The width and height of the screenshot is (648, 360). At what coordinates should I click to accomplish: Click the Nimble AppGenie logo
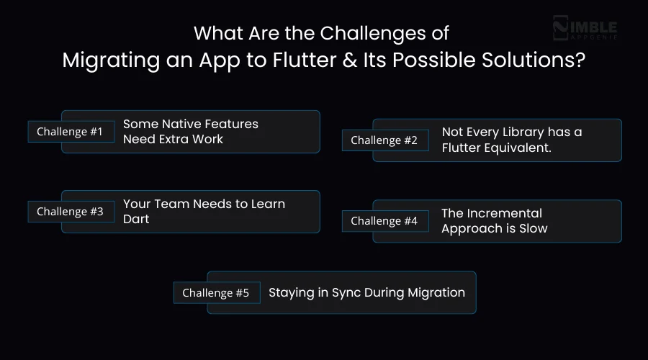(585, 29)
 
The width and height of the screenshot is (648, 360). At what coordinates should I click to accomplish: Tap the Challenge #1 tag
(71, 132)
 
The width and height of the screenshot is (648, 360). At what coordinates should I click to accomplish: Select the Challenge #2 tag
(384, 140)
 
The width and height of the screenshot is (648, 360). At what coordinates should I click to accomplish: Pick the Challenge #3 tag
(71, 212)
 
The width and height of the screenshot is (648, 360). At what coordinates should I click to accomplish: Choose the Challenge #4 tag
(384, 221)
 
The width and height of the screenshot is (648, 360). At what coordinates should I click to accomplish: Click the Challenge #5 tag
(216, 293)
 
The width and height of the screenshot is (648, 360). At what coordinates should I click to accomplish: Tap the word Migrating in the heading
(104, 60)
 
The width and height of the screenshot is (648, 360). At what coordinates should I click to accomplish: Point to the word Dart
(136, 218)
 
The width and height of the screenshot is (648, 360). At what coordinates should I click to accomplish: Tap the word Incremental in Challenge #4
(504, 213)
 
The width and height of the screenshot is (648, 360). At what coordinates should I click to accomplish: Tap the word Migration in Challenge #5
(437, 292)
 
